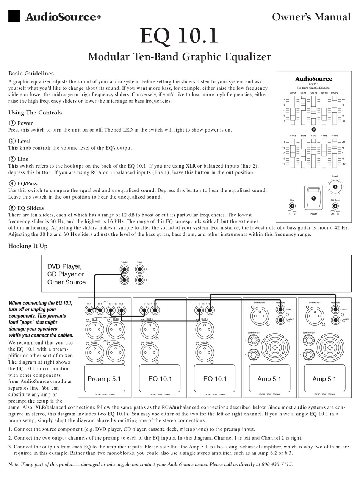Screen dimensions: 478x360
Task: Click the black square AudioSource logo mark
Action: point(14,16)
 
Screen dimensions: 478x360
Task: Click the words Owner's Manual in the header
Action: point(311,17)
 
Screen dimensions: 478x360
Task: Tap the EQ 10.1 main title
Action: point(179,36)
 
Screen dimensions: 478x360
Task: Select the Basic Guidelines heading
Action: point(31,74)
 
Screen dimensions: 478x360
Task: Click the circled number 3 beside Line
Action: point(12,159)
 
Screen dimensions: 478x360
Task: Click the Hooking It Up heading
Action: point(28,246)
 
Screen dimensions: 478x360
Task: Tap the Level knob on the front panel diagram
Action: point(335,186)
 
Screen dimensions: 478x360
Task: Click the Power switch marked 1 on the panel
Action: point(313,197)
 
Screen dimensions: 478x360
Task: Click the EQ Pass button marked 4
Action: point(335,206)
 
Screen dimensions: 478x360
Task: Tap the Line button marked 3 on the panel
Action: point(292,206)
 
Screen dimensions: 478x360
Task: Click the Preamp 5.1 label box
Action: point(104,379)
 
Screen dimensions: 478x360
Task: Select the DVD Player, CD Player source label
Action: point(66,274)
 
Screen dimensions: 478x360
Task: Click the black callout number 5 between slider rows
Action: point(313,129)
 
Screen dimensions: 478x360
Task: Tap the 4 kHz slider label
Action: point(313,136)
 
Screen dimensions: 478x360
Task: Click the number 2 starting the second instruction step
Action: point(10,438)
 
